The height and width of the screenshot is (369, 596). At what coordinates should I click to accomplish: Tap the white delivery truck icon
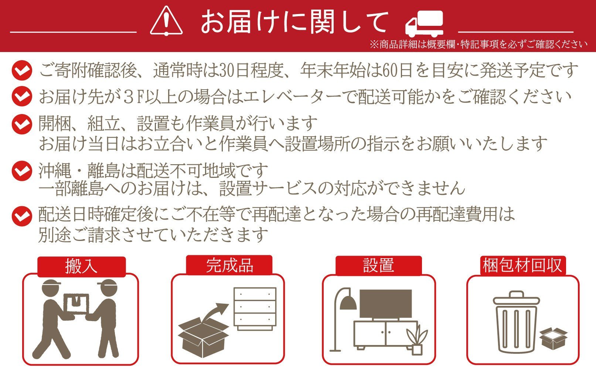click(x=425, y=24)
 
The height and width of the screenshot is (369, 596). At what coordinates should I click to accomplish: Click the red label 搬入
click(x=81, y=266)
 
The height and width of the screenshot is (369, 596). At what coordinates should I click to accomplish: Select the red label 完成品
click(x=229, y=265)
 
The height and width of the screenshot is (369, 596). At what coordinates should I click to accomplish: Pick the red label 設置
click(x=379, y=265)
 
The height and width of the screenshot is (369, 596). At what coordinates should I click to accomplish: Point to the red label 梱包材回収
click(x=523, y=265)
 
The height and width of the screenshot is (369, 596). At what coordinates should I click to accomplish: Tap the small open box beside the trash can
click(x=554, y=338)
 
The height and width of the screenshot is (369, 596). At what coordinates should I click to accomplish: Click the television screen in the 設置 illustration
click(x=385, y=304)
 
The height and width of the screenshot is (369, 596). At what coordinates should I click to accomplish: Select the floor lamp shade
click(x=348, y=303)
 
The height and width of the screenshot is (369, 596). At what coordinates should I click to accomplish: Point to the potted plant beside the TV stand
click(x=417, y=341)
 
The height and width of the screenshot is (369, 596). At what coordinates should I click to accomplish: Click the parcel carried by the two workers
click(x=76, y=304)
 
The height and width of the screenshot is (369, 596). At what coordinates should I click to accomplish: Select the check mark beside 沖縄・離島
click(x=22, y=171)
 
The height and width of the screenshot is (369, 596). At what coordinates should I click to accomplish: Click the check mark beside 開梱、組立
click(x=22, y=124)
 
